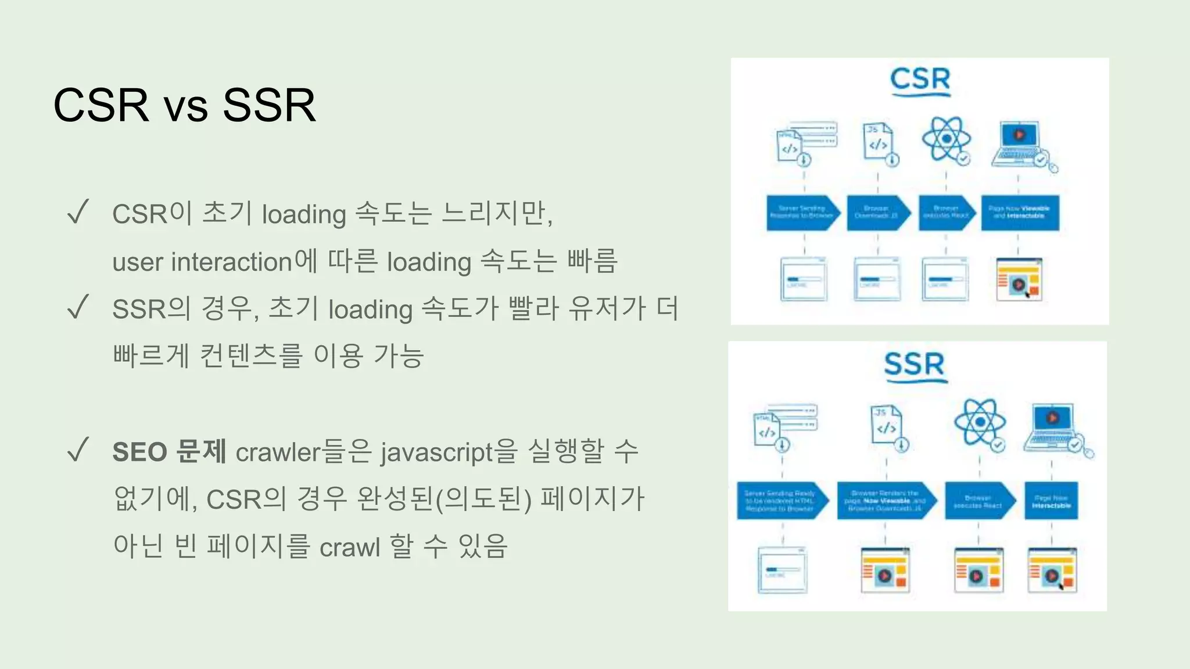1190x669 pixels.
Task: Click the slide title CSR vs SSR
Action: click(184, 105)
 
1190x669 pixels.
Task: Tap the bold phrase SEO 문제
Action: click(169, 452)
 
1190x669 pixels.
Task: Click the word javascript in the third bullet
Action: click(436, 452)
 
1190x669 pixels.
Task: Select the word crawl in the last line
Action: click(350, 546)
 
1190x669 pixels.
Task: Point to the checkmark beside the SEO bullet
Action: click(78, 450)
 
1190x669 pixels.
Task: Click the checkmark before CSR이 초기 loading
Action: click(78, 212)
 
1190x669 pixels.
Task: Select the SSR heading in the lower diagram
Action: click(915, 365)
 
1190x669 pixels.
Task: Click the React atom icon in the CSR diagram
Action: click(947, 139)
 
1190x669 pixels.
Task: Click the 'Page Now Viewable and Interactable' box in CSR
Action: click(1020, 213)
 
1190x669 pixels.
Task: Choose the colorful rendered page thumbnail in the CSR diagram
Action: click(1019, 280)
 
